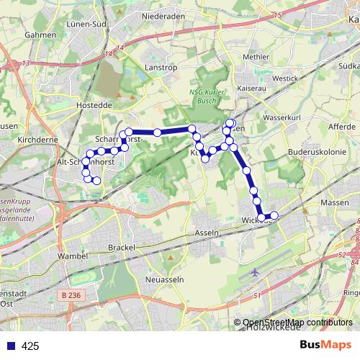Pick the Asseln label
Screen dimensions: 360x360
tap(206, 235)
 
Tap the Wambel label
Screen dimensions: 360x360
tap(72, 256)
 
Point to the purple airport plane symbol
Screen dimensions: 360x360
tap(257, 273)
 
